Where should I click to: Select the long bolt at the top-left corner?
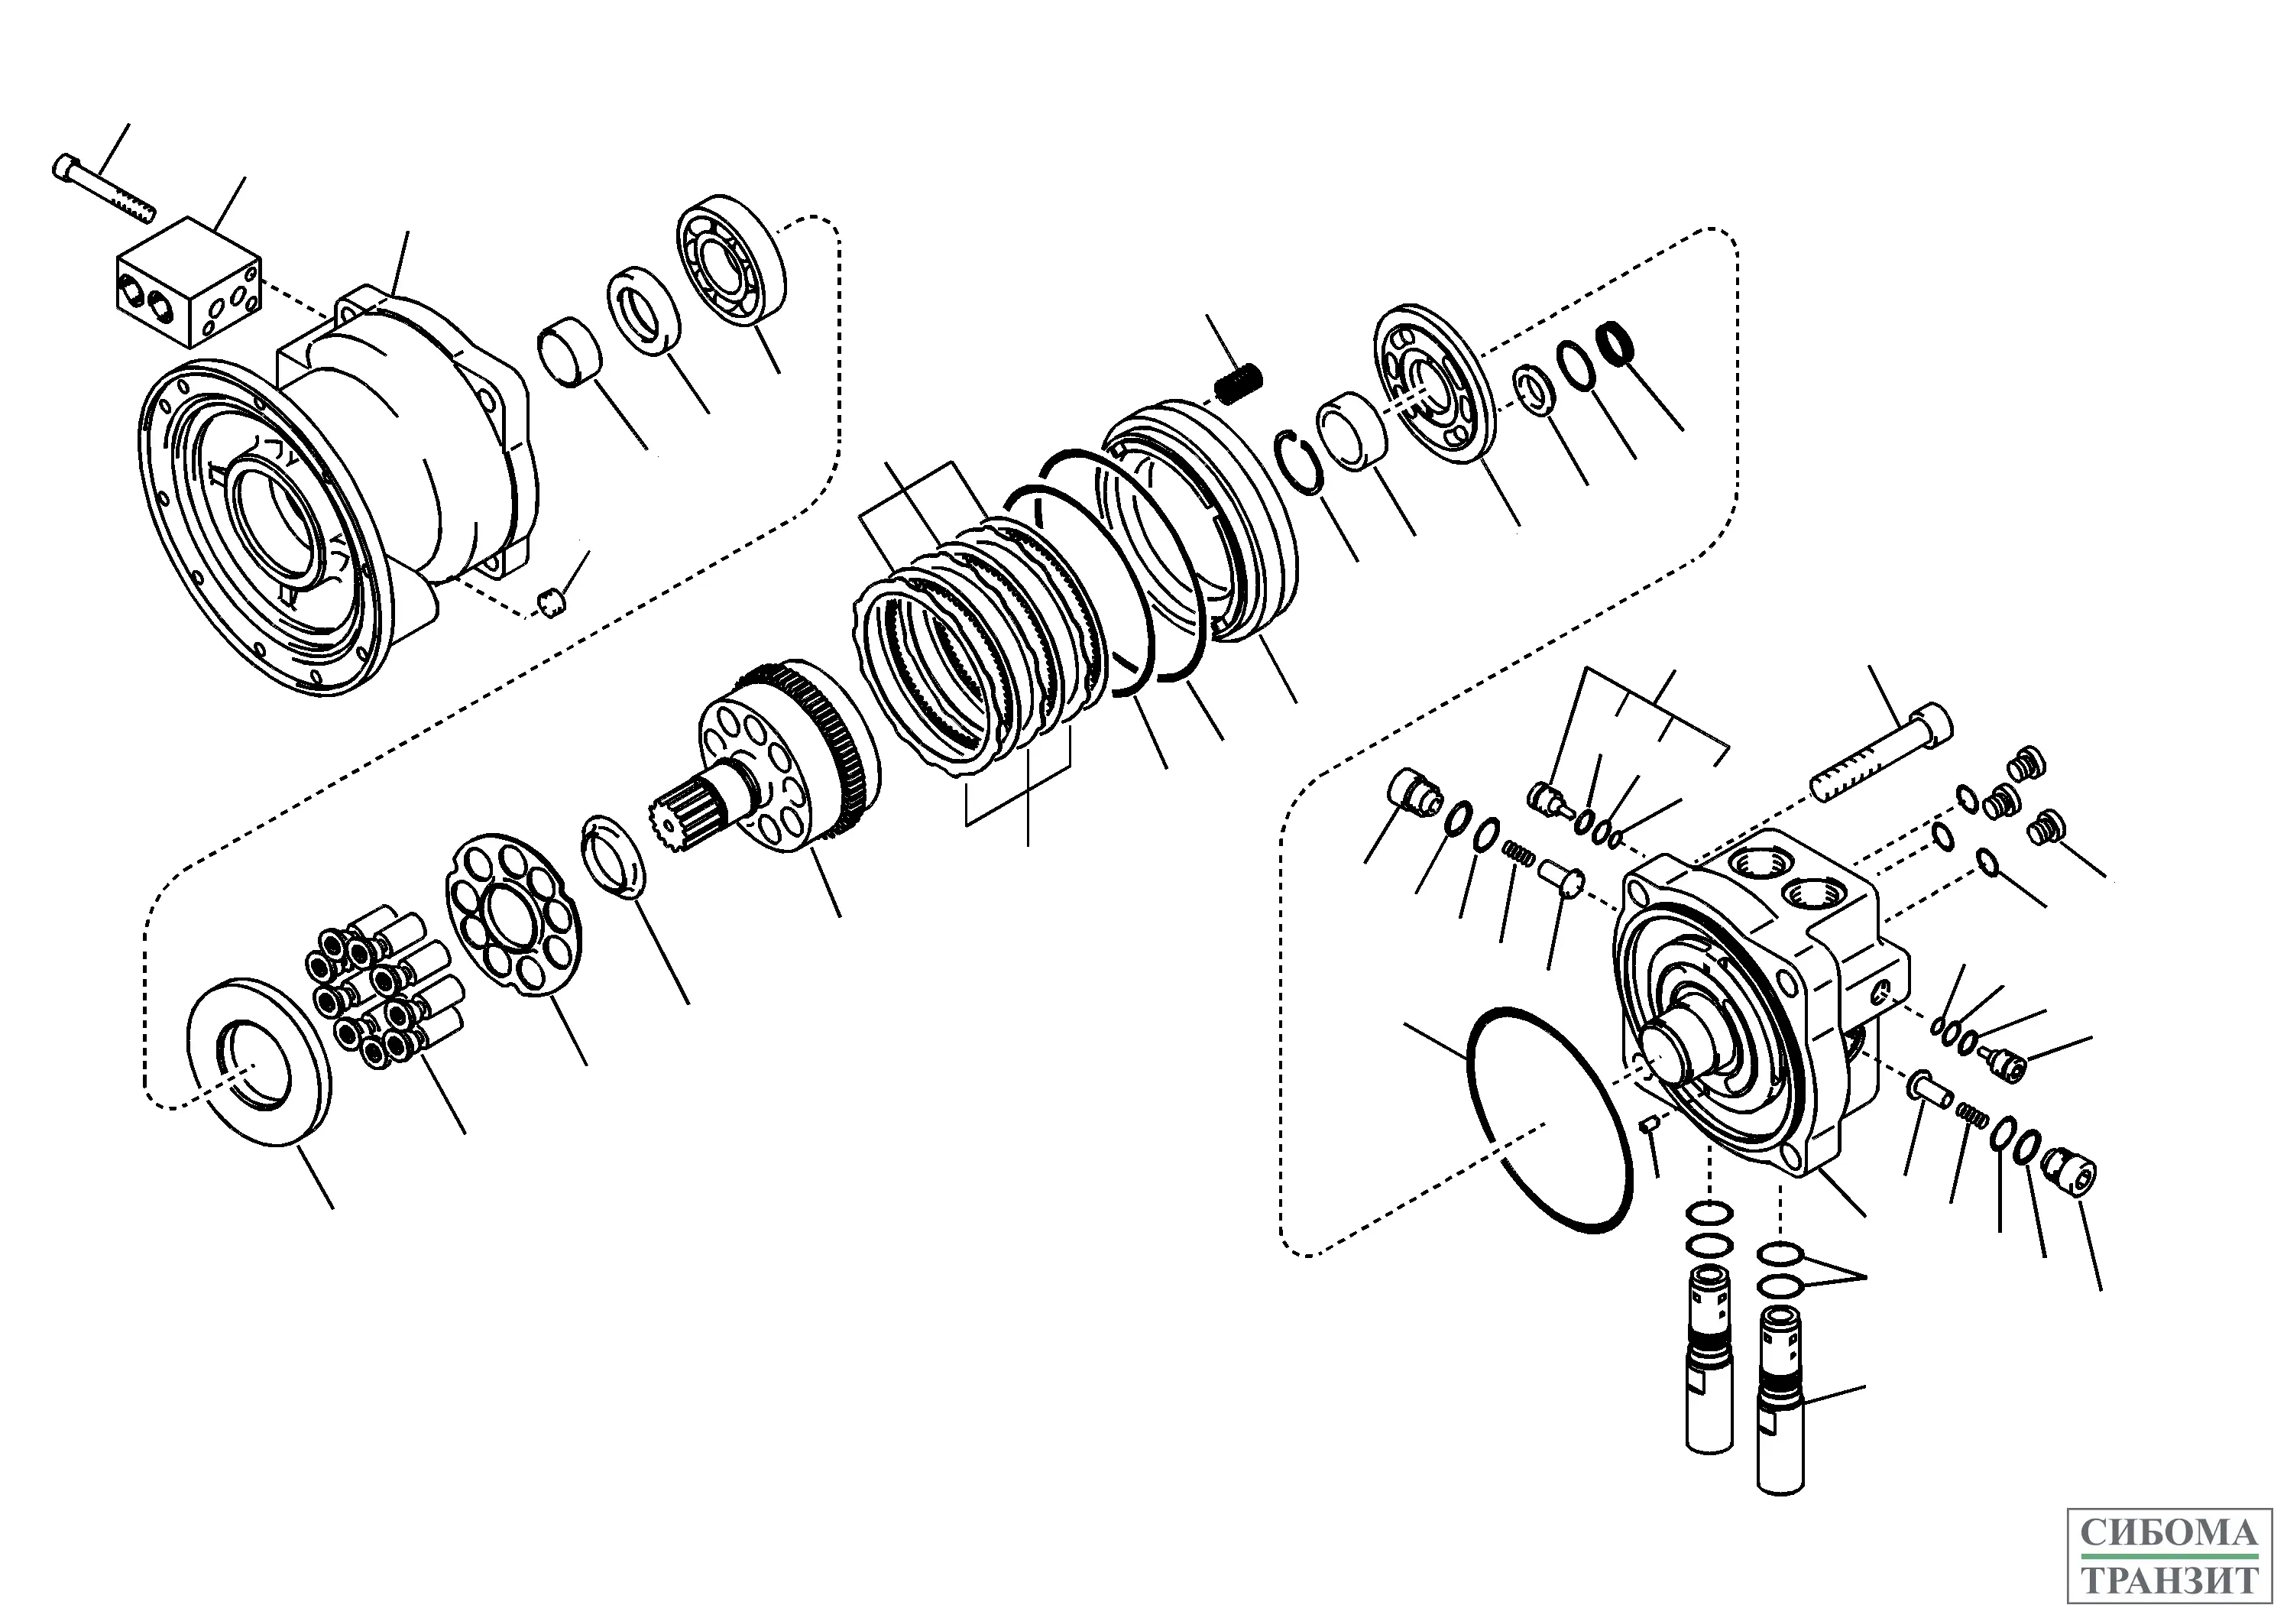(103, 188)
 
